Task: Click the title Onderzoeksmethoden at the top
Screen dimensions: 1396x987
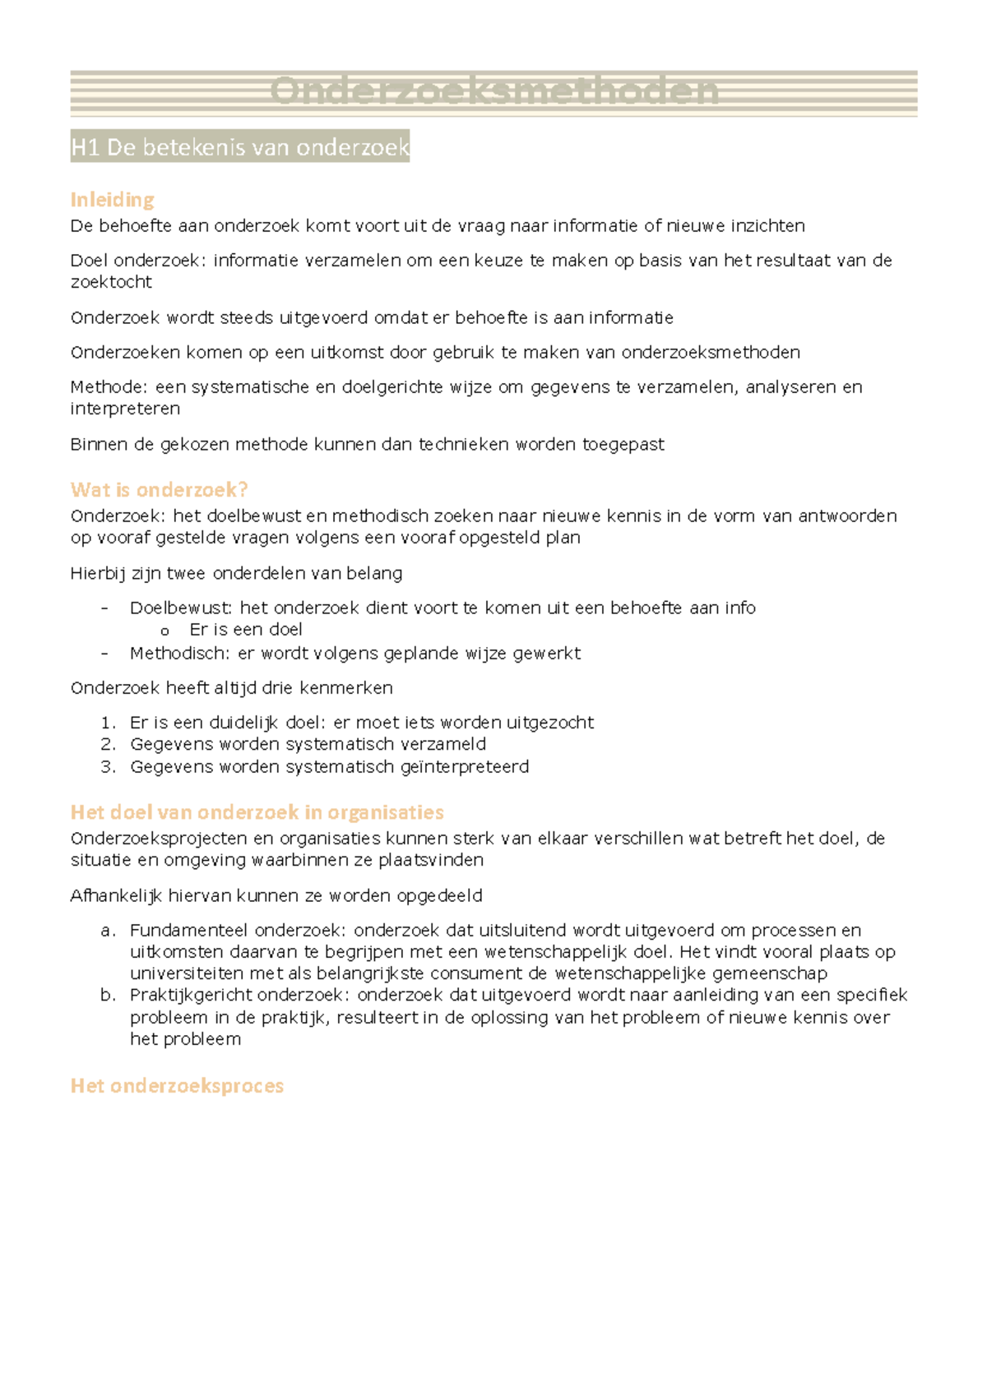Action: point(493,91)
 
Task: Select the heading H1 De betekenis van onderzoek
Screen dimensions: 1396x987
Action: point(239,147)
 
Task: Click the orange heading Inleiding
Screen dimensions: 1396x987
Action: point(112,200)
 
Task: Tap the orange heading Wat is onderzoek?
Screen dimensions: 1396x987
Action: point(159,490)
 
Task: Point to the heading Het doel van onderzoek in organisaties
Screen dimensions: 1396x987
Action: point(257,812)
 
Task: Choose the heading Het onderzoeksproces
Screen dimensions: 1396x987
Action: point(177,1086)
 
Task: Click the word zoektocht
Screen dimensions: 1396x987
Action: point(111,282)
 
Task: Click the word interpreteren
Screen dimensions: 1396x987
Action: point(125,409)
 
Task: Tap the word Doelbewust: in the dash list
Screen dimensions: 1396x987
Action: point(181,608)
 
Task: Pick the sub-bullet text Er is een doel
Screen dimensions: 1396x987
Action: point(245,630)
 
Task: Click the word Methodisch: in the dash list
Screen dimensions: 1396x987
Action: point(180,654)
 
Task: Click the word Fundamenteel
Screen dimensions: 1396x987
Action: point(188,931)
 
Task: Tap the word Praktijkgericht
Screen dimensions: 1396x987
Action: point(190,996)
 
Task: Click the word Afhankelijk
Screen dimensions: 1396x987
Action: point(116,896)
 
